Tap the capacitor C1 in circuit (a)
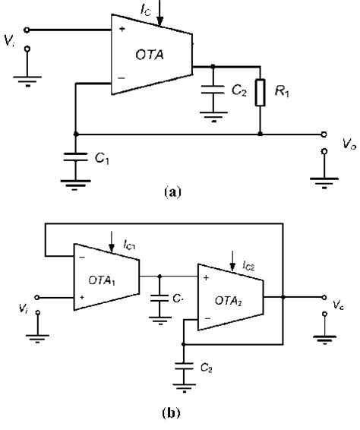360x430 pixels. click(76, 161)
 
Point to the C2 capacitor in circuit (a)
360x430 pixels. click(213, 91)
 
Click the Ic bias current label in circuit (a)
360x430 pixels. click(146, 8)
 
